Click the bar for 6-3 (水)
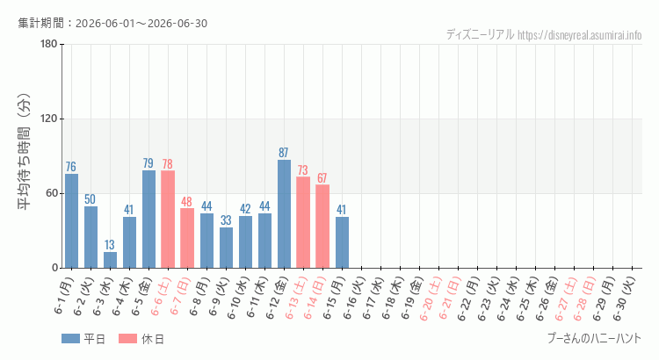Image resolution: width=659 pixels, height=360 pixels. point(110,260)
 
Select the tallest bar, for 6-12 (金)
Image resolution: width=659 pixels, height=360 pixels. point(284,214)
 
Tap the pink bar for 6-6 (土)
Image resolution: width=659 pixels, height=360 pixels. point(168,220)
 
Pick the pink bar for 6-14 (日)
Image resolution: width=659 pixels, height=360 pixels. point(322,226)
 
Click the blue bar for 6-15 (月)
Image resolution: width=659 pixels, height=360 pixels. point(342,242)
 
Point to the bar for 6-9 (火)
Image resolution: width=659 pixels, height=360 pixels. point(226,248)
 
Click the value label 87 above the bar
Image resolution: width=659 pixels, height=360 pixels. point(284,153)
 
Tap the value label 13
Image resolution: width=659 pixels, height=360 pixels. point(110,245)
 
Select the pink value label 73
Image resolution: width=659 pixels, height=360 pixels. point(303,170)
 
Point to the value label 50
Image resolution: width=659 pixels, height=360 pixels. point(90,199)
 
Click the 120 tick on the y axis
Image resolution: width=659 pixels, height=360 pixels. point(49,119)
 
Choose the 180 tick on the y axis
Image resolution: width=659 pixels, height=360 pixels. point(49,44)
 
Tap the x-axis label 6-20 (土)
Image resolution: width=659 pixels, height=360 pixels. point(429,299)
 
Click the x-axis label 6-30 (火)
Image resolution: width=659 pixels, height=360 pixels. point(622,299)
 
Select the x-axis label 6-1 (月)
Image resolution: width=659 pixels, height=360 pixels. point(64,297)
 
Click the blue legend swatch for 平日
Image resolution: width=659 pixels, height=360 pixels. point(70,339)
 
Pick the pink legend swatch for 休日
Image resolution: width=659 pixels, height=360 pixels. point(127,339)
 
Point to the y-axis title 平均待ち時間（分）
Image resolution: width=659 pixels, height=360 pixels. point(24,152)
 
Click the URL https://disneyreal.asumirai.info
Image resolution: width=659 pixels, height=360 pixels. point(580,35)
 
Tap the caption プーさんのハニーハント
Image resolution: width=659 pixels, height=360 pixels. point(595,338)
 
